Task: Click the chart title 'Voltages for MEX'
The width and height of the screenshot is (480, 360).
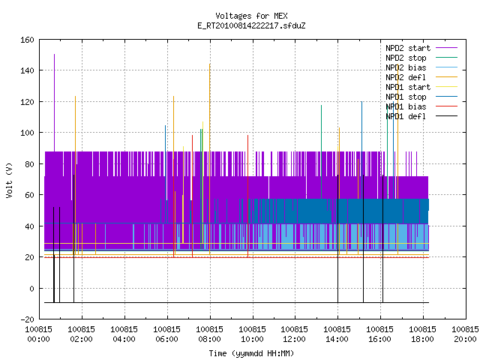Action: point(251,16)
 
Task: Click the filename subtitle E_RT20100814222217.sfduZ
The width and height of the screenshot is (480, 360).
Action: point(251,25)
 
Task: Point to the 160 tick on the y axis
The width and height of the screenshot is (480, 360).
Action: point(27,40)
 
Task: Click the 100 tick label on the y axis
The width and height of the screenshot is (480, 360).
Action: point(27,133)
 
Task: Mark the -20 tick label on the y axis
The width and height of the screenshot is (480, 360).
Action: point(27,319)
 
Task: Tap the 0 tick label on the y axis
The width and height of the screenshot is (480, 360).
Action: point(31,288)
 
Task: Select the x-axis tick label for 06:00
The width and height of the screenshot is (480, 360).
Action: point(166,334)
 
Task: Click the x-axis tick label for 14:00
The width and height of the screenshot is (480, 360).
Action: point(337,334)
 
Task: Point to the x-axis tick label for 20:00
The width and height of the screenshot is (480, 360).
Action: point(465,334)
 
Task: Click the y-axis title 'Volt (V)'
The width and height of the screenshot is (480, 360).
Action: point(10,180)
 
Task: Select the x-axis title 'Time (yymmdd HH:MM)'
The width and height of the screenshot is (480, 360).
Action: point(251,353)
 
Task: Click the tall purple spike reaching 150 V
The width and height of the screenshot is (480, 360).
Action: point(55,103)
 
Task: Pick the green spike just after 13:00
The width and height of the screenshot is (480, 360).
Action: point(322,151)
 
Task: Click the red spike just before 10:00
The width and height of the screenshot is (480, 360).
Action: point(248,196)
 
